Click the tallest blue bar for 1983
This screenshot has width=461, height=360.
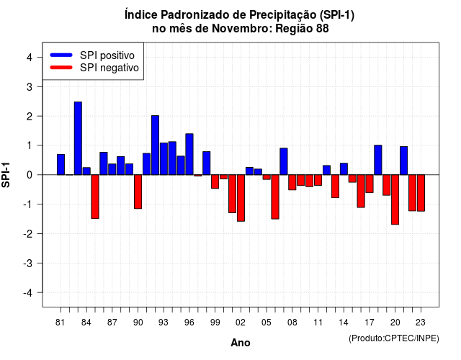click(x=78, y=138)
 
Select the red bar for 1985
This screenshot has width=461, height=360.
click(x=95, y=197)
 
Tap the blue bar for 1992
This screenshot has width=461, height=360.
click(x=156, y=145)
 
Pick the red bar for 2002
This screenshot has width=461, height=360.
click(x=241, y=198)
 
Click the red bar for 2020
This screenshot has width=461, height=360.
click(x=395, y=199)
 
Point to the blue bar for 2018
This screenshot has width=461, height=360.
click(x=378, y=160)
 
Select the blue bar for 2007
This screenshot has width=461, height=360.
click(x=284, y=161)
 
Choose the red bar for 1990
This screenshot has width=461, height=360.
click(x=138, y=192)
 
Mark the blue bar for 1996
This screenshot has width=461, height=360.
click(x=189, y=154)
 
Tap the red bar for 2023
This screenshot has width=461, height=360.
click(x=421, y=193)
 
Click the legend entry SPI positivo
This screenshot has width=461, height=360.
click(x=92, y=55)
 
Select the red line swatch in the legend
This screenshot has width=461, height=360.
click(x=61, y=68)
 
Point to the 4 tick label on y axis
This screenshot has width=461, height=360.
click(x=30, y=58)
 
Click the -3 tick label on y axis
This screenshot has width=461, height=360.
click(x=28, y=264)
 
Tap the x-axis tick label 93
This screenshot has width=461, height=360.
click(x=164, y=323)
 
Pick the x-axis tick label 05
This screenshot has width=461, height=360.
click(x=267, y=323)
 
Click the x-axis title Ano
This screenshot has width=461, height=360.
click(x=241, y=343)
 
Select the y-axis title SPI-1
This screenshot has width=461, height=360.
click(x=6, y=175)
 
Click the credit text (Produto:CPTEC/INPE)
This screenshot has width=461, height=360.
click(x=394, y=338)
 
